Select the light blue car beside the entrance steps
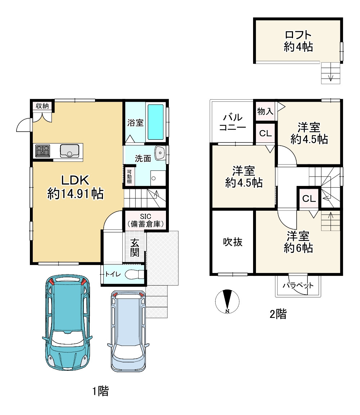tap(128, 331)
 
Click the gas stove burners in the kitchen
tap(42, 151)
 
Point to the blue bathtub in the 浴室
tap(156, 122)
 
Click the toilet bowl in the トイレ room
tap(134, 274)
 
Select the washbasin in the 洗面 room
tap(160, 153)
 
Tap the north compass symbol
tap(227, 301)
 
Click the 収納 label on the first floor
tap(42, 106)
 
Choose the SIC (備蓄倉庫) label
tap(145, 220)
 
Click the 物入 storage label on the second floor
tap(265, 111)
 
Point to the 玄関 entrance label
tap(135, 247)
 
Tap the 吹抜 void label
tap(233, 242)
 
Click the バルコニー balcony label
tap(233, 122)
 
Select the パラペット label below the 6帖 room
tap(298, 285)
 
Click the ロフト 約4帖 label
tap(298, 41)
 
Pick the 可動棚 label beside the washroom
tap(129, 177)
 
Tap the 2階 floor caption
tap(278, 314)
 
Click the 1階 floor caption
tap(100, 391)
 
